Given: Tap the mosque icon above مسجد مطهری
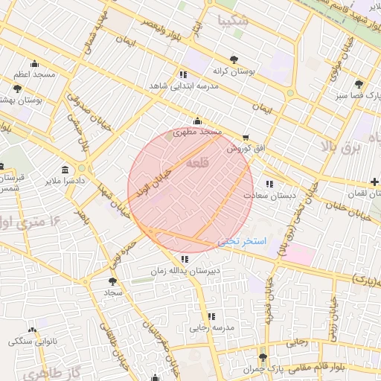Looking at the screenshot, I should pyautogui.click(x=197, y=121).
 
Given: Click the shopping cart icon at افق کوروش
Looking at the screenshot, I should pyautogui.click(x=246, y=138).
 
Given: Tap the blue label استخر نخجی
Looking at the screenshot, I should pyautogui.click(x=242, y=243).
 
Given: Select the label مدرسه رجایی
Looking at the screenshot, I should pyautogui.click(x=213, y=327).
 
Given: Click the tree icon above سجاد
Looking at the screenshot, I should pyautogui.click(x=112, y=281).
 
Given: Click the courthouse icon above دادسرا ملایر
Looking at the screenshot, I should pyautogui.click(x=65, y=169).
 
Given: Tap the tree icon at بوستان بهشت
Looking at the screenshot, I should pyautogui.click(x=17, y=89).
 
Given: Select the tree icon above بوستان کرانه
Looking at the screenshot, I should pyautogui.click(x=234, y=58).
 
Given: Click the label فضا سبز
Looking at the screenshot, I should pyautogui.click(x=350, y=95).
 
